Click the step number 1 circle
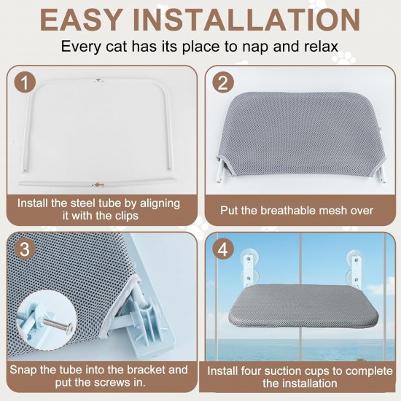pyautogui.click(x=25, y=82)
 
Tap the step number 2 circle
pyautogui.click(x=223, y=82)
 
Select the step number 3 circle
pyautogui.click(x=25, y=249)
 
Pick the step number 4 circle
pyautogui.click(x=223, y=249)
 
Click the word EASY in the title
pyautogui.click(x=80, y=20)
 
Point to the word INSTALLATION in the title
pyautogui.click(x=246, y=20)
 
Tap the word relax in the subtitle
pyautogui.click(x=322, y=47)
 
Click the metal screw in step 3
pyautogui.click(x=58, y=324)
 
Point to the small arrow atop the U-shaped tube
pyautogui.click(x=98, y=80)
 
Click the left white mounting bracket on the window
pyautogui.click(x=248, y=270)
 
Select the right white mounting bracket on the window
pyautogui.click(x=356, y=272)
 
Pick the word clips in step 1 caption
pyautogui.click(x=126, y=216)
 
